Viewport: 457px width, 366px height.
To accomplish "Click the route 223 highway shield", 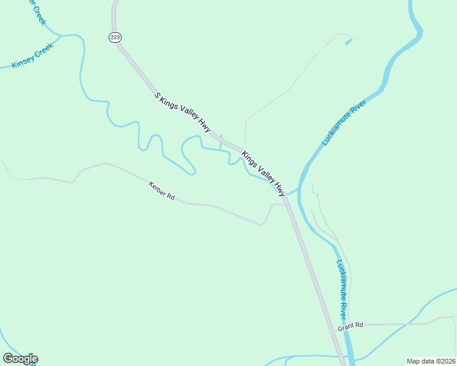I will pyautogui.click(x=115, y=37).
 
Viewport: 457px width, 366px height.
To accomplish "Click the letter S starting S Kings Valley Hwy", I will pyautogui.click(x=156, y=96).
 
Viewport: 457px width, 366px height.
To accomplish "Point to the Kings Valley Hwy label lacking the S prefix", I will pyautogui.click(x=263, y=173).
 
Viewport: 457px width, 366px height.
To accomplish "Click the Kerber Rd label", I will pyautogui.click(x=162, y=190).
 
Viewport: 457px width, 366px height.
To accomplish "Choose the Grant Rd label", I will pyautogui.click(x=350, y=326).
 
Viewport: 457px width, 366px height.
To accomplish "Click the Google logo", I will pyautogui.click(x=20, y=359).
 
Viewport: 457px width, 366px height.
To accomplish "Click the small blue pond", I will pyautogui.click(x=348, y=42).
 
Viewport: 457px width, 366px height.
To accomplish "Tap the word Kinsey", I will pyautogui.click(x=23, y=62).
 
